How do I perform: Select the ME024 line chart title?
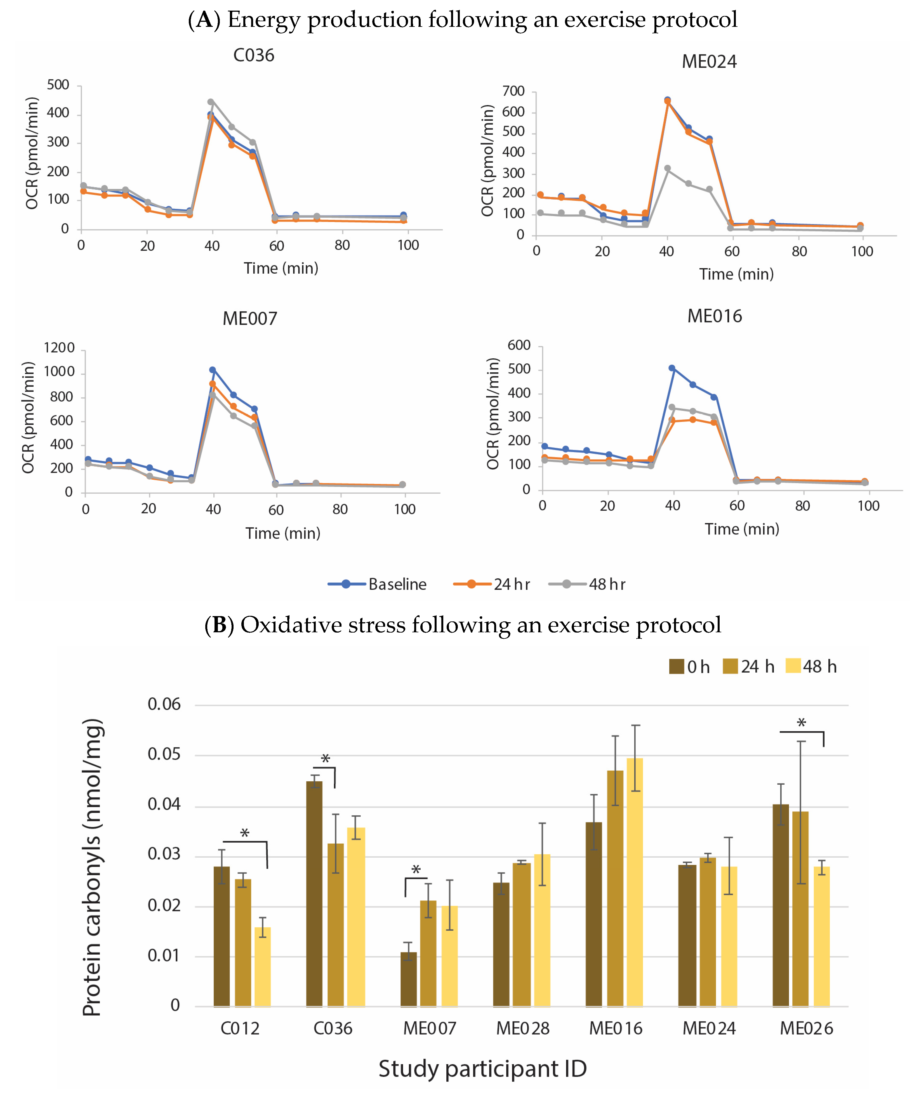709,62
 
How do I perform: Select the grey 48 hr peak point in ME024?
667,168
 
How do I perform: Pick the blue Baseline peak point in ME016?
672,368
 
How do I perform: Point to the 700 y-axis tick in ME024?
513,91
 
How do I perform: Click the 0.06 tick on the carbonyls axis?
164,704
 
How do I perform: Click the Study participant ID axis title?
482,1069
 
